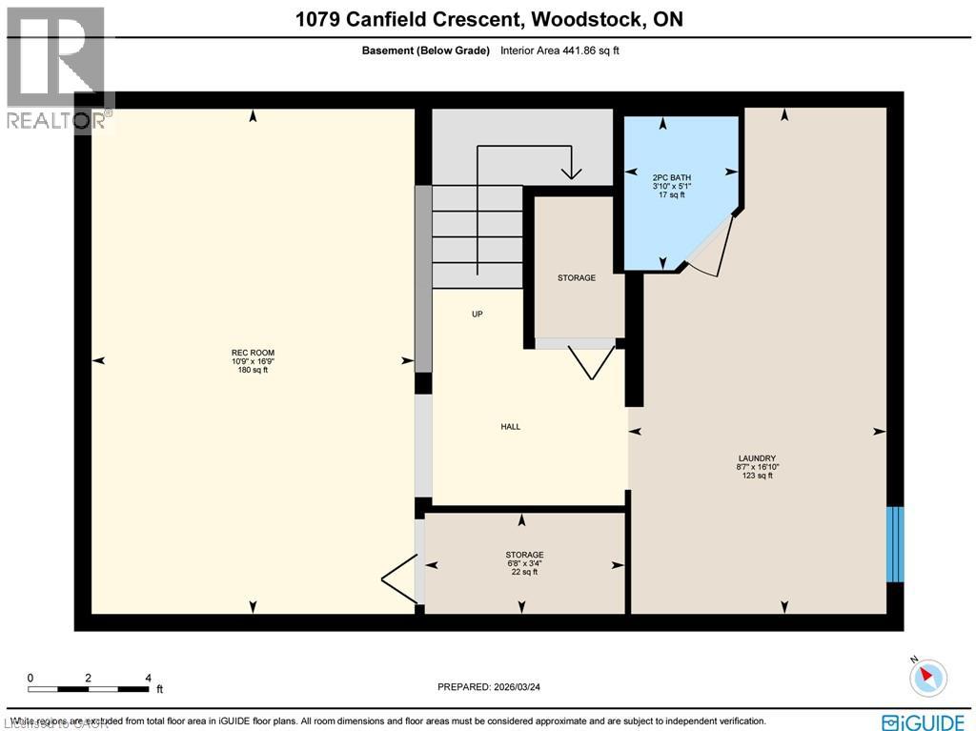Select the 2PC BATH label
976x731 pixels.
tap(672, 177)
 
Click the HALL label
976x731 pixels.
tap(511, 427)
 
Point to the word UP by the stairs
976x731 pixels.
tap(478, 314)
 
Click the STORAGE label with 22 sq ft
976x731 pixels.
tap(524, 555)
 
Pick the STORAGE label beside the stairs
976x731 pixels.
tap(577, 278)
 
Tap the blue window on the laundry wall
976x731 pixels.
tap(894, 544)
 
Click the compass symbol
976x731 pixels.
tap(927, 677)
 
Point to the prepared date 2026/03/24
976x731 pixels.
tap(495, 686)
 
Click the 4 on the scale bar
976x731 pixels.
tap(148, 678)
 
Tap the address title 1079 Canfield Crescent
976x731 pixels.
tap(488, 19)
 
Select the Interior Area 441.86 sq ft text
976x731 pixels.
tap(559, 51)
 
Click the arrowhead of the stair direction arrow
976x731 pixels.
tap(571, 173)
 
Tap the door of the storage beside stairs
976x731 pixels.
tap(591, 360)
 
